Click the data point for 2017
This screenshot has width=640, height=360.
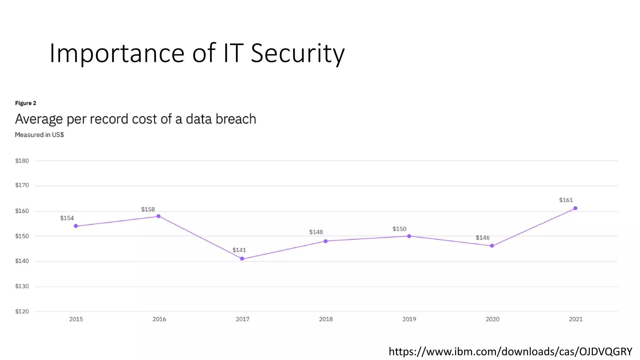[242, 258]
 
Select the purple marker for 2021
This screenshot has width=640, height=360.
[575, 208]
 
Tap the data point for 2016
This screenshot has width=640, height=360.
[158, 216]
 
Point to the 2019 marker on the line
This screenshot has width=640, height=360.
[409, 236]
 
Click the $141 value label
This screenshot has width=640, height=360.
[239, 250]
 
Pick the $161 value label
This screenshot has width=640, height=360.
[566, 200]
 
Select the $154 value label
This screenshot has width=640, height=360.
[67, 218]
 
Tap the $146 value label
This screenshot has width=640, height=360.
[482, 238]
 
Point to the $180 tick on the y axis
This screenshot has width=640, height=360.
[22, 161]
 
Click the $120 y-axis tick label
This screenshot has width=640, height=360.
[22, 311]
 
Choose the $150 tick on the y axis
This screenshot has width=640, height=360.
[22, 236]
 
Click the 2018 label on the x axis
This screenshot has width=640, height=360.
[326, 319]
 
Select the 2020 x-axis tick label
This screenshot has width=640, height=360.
[492, 319]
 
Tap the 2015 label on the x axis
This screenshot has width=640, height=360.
[76, 319]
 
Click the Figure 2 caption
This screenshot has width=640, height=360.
[26, 103]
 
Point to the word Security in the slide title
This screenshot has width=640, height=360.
[297, 53]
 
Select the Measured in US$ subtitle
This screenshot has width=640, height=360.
[39, 135]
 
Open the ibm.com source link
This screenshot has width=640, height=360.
[510, 352]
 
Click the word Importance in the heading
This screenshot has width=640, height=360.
[117, 53]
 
